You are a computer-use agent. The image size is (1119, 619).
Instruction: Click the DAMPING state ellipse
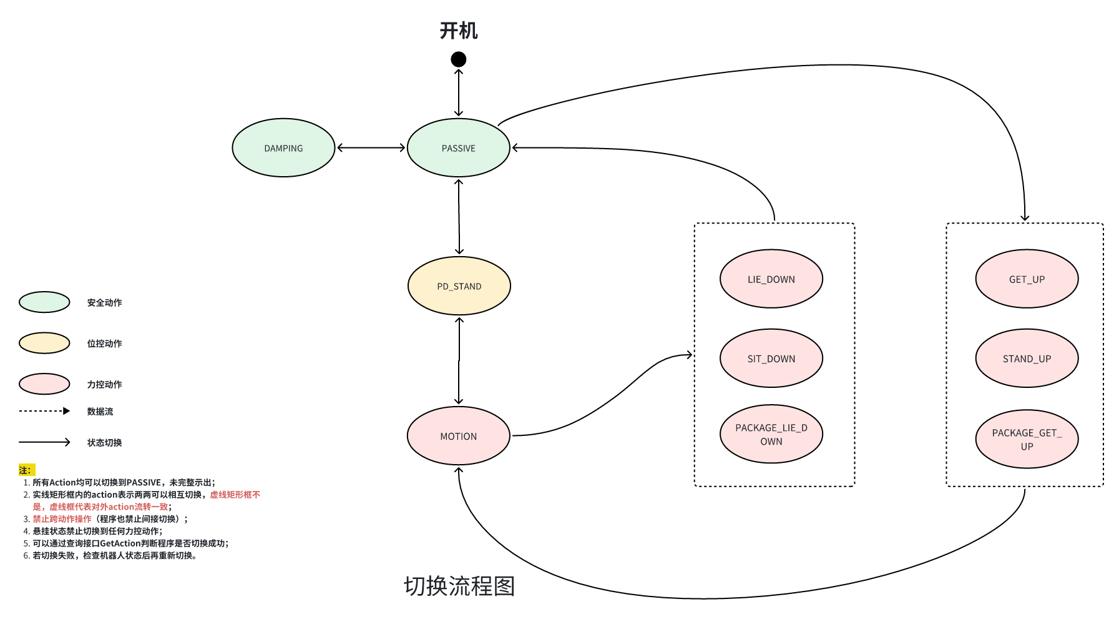[x=283, y=148]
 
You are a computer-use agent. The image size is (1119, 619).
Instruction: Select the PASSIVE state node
[x=459, y=148]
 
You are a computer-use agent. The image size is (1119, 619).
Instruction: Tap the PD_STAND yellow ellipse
[x=459, y=286]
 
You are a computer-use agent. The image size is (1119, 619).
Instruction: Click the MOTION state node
[x=459, y=436]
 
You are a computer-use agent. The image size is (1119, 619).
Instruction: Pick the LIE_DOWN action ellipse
[x=771, y=279]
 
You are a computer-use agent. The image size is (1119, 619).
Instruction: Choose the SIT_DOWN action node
[x=771, y=359]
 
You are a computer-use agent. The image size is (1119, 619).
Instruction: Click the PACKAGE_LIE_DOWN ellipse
[x=771, y=434]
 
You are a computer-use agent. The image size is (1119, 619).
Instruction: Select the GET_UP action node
[x=1027, y=279]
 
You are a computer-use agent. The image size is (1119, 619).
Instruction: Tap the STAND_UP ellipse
[x=1027, y=359]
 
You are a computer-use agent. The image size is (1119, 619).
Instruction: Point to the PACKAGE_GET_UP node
[x=1027, y=439]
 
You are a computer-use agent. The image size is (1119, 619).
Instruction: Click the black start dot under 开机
[x=459, y=59]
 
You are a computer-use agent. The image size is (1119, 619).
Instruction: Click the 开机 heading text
[x=459, y=31]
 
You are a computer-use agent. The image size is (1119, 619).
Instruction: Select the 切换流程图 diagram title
[x=459, y=586]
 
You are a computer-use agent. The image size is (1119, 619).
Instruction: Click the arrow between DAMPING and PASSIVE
[x=371, y=148]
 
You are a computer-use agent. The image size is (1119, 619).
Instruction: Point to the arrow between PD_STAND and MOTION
[x=459, y=361]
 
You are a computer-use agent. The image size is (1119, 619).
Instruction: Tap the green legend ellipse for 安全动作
[x=44, y=302]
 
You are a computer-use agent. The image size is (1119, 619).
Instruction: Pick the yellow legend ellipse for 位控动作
[x=44, y=343]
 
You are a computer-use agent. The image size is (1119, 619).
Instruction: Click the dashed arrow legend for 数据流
[x=44, y=411]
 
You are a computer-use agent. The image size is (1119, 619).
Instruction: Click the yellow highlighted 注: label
[x=26, y=470]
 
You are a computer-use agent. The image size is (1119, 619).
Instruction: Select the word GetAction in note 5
[x=120, y=543]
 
